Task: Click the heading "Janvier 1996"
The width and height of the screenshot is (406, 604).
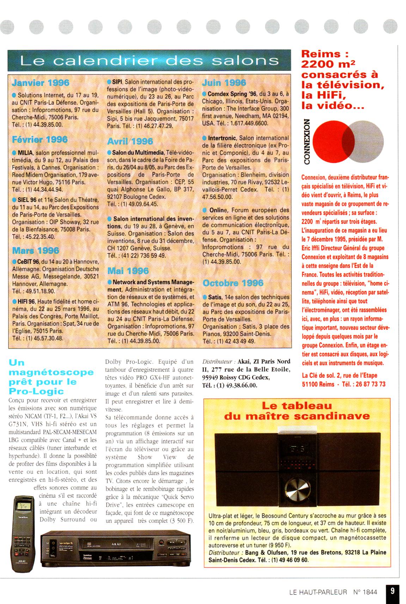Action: [x=41, y=83]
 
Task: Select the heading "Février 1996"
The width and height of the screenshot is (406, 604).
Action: [x=40, y=139]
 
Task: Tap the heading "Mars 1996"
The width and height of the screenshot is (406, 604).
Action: [x=36, y=250]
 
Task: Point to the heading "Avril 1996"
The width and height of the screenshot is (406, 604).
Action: [x=130, y=141]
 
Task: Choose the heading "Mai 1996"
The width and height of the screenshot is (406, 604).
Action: [x=128, y=271]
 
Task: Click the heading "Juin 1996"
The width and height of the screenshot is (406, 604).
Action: [x=224, y=83]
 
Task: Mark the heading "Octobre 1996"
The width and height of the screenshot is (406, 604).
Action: [x=233, y=283]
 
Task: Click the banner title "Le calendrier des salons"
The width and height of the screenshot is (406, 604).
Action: [x=149, y=61]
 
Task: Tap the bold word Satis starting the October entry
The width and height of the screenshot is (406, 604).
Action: [x=215, y=297]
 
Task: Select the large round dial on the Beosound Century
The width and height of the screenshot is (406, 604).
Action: [x=297, y=489]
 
